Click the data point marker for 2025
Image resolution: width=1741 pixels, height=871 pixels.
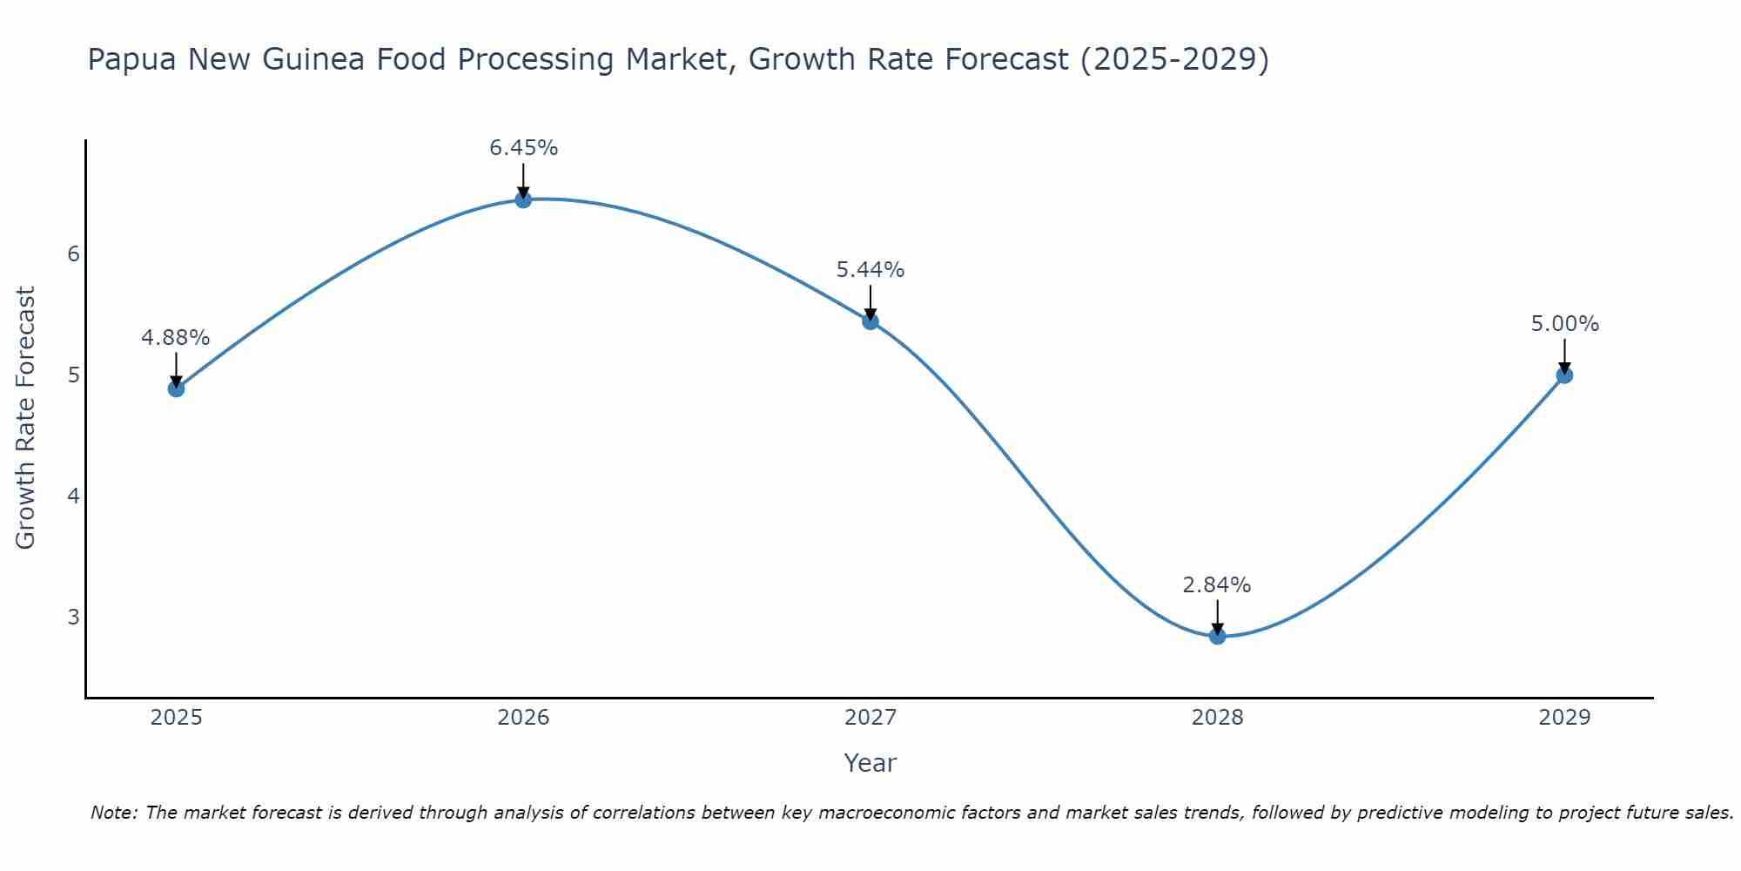click(x=176, y=388)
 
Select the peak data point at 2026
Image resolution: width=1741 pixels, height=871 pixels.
click(x=523, y=199)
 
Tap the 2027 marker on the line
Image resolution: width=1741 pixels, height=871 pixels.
click(x=870, y=321)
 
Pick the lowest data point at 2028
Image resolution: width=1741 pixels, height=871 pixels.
click(x=1217, y=636)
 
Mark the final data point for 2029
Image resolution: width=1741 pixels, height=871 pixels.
click(x=1564, y=375)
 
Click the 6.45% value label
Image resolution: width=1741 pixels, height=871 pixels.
click(x=523, y=148)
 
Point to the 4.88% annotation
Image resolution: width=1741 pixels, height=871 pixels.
click(x=176, y=338)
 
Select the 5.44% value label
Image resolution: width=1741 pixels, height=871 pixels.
click(x=870, y=270)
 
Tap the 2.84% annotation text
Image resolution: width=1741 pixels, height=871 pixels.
click(x=1217, y=585)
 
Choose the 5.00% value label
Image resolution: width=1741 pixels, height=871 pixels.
click(x=1564, y=324)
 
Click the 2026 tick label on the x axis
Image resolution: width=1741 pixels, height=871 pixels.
click(x=523, y=718)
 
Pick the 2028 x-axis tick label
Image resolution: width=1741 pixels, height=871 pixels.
click(x=1217, y=718)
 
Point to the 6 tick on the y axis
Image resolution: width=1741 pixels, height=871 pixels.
click(x=73, y=253)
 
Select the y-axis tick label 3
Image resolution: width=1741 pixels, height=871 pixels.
click(x=73, y=617)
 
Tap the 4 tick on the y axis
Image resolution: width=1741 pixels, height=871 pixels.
click(x=73, y=496)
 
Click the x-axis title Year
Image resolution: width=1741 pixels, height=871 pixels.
click(x=870, y=763)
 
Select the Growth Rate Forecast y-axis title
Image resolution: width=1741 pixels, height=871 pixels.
click(x=26, y=418)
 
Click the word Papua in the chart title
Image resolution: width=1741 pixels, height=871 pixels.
click(x=131, y=60)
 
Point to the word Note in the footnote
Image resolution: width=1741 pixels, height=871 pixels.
click(x=113, y=813)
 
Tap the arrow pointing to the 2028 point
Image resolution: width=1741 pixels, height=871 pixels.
click(x=1217, y=617)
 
